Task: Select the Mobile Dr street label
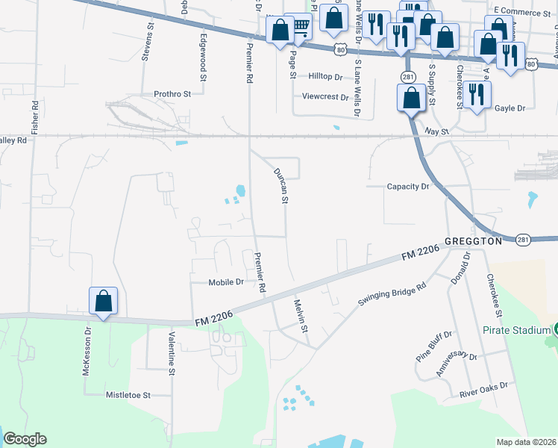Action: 227,282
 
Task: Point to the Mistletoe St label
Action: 128,394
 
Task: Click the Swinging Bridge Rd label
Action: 392,290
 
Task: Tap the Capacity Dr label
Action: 409,187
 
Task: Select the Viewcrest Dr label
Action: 326,97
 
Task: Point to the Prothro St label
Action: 173,94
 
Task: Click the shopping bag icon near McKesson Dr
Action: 104,302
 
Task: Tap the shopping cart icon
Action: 300,27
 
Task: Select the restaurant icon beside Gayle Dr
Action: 475,94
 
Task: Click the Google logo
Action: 25,439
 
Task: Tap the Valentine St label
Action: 171,353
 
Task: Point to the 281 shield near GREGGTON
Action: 523,239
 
